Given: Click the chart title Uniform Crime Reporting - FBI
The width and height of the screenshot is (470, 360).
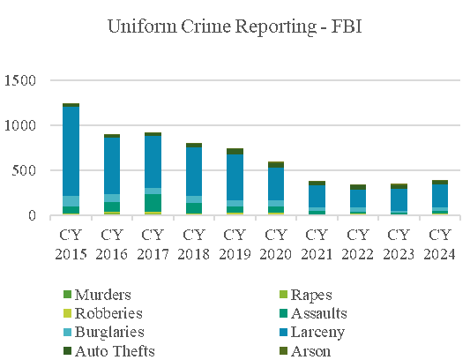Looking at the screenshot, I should (235, 26).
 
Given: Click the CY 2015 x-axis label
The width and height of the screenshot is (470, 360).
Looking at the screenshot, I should (71, 244).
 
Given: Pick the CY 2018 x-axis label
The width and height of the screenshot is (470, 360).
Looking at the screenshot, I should (193, 244).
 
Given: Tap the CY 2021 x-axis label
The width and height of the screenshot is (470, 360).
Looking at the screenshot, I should (317, 244).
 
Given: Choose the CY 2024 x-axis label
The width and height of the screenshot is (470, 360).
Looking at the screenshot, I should (439, 244).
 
